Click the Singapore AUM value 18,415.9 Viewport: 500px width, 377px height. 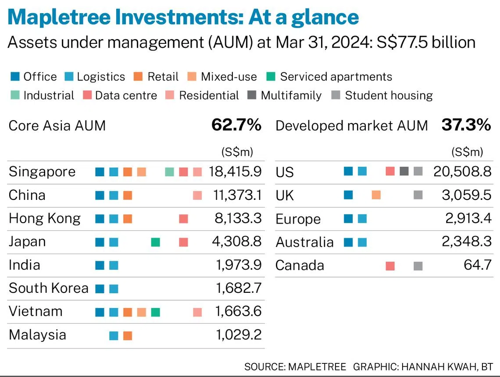click(235, 171)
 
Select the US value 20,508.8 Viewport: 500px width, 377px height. click(462, 171)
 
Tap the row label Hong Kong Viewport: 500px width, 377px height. click(44, 218)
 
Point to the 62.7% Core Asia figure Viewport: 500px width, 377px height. click(236, 125)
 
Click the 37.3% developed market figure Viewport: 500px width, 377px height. click(466, 125)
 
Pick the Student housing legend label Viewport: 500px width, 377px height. click(389, 95)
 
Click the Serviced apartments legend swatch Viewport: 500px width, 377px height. click(271, 77)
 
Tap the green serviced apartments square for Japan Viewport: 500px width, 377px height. click(155, 242)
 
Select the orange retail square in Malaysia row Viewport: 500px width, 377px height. click(128, 336)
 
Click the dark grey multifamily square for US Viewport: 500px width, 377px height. click(404, 171)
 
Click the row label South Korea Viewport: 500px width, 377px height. click(48, 288)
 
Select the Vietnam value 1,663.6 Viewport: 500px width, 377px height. click(238, 312)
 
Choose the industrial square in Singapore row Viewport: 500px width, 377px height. click(169, 172)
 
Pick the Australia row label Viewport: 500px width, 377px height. click(304, 242)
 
